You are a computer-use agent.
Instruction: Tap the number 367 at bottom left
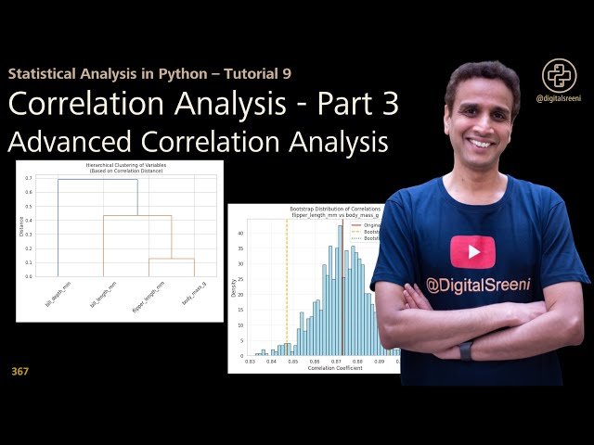tap(20, 372)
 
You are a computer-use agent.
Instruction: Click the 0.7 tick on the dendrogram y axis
tap(29, 178)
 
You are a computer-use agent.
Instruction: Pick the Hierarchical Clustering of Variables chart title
tap(119, 166)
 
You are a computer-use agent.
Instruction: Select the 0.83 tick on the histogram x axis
tap(251, 362)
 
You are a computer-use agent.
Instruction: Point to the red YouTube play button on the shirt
tap(472, 250)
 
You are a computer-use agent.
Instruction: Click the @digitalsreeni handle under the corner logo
tap(560, 97)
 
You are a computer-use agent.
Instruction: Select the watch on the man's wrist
tap(465, 350)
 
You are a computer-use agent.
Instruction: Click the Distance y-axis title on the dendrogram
tap(20, 224)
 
